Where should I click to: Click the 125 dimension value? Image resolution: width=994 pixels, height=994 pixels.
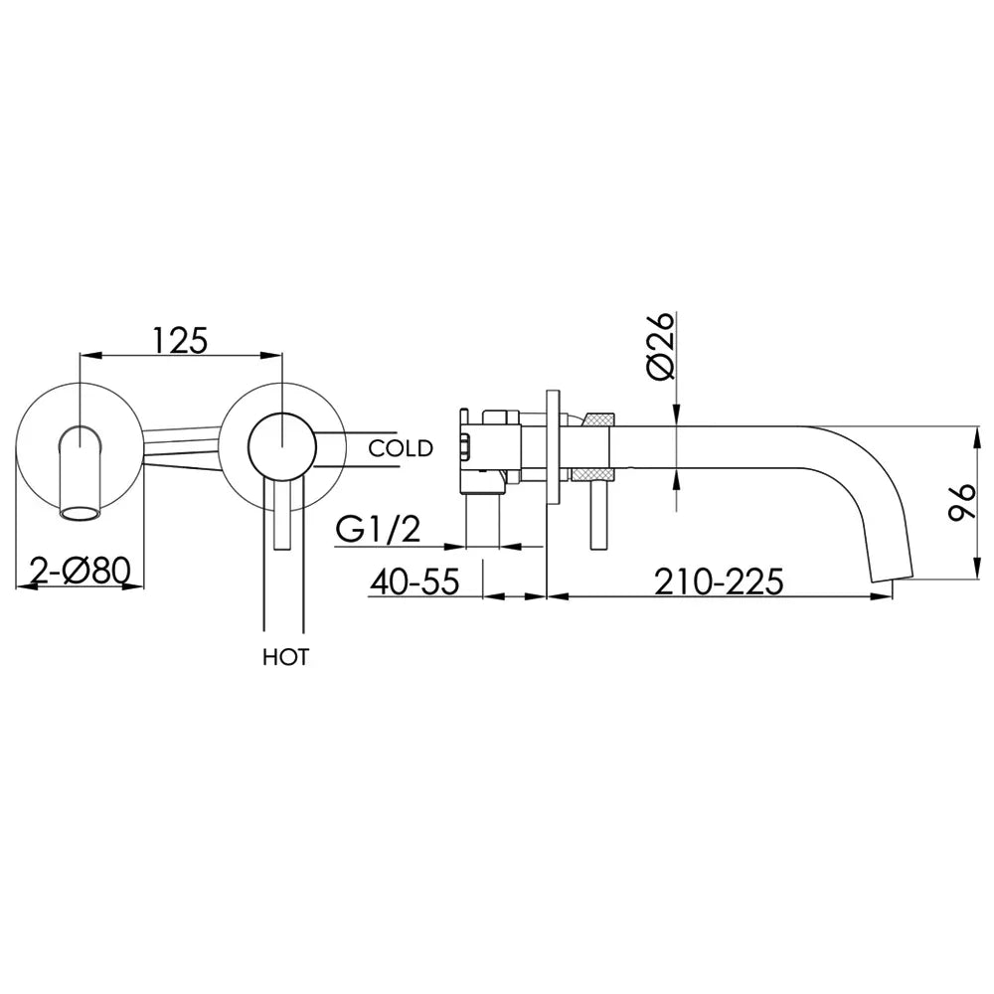point(179,340)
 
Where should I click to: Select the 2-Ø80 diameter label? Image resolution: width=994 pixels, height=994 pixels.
point(80,572)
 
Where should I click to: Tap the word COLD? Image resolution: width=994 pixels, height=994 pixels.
point(400,448)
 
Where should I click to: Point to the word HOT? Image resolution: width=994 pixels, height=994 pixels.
point(286,657)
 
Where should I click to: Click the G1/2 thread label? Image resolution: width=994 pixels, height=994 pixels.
point(378,530)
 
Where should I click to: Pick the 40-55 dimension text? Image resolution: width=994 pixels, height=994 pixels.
point(414,580)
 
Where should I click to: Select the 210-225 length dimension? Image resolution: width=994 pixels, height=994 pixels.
point(719,580)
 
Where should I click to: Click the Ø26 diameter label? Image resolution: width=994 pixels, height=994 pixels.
point(660,346)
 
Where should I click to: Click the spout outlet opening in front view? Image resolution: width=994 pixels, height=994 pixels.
point(80,513)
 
